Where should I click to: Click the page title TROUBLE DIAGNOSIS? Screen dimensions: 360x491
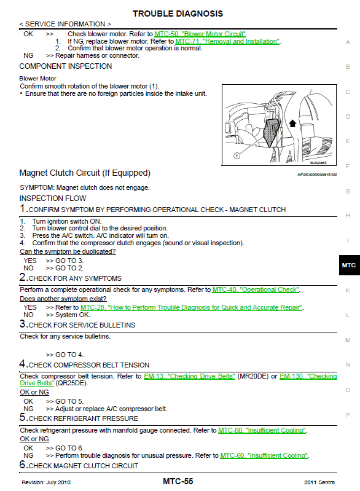click(178, 14)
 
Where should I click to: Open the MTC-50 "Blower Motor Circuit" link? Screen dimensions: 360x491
click(200, 34)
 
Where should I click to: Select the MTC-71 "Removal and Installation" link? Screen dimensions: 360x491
click(227, 41)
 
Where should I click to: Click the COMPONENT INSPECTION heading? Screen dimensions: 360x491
click(65, 66)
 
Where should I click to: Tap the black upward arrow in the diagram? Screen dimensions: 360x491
click(292, 124)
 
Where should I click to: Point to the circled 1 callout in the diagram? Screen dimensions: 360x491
click(237, 155)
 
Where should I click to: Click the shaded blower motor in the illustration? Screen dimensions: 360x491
click(271, 132)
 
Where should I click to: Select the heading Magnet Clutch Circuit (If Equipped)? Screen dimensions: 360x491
click(85, 173)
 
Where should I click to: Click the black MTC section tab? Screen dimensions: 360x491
click(349, 265)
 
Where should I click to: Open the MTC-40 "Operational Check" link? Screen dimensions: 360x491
click(256, 289)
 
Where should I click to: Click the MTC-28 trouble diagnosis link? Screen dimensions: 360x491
click(192, 307)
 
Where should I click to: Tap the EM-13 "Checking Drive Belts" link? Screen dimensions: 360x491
click(189, 376)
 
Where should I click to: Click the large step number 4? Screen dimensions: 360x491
click(22, 364)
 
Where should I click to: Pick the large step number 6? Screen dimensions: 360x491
click(22, 465)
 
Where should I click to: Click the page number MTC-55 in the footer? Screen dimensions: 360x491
click(178, 482)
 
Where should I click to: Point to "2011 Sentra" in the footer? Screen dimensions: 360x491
click(319, 482)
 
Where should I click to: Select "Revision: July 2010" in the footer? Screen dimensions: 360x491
click(46, 482)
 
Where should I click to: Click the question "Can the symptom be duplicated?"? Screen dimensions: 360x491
click(68, 251)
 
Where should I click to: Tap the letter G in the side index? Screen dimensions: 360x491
click(348, 191)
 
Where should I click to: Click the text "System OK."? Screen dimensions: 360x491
click(72, 315)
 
